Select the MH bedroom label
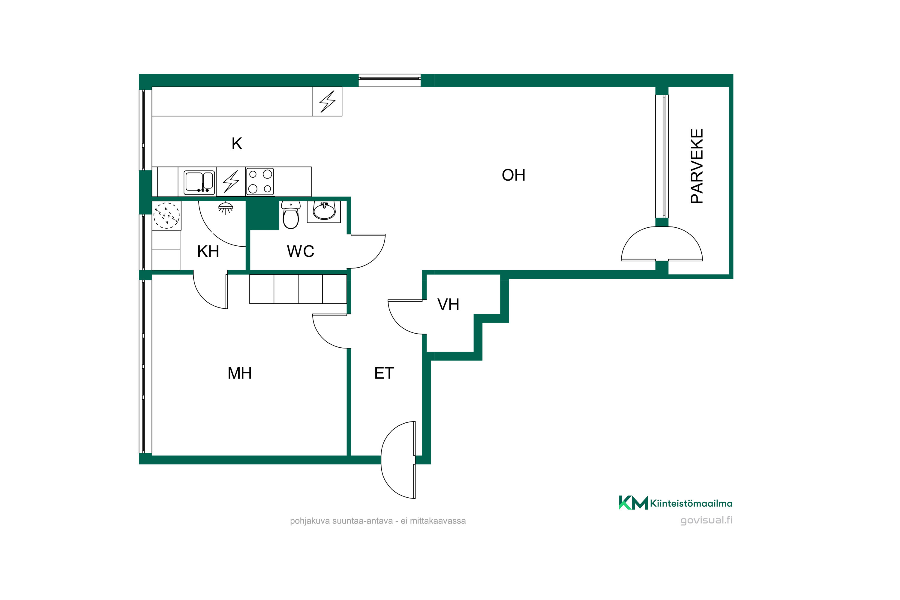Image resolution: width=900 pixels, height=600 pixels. [x=239, y=373]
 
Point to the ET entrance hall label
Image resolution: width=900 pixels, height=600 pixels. [x=384, y=373]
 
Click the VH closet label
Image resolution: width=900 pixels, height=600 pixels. [x=448, y=304]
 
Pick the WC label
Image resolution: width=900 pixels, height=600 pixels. [x=300, y=251]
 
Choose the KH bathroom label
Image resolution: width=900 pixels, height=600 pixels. [x=208, y=251]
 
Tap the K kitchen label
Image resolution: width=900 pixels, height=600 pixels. [x=237, y=143]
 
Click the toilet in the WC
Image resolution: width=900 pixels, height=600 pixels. [x=291, y=215]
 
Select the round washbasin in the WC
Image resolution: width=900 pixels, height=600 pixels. [x=324, y=211]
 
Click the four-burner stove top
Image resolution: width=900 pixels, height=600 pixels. [x=260, y=182]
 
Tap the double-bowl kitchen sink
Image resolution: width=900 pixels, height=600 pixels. [x=199, y=182]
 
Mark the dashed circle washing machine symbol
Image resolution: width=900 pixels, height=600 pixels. [x=166, y=215]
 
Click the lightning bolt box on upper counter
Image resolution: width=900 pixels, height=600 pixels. [x=328, y=101]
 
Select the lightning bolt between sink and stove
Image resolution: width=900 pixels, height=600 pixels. [x=231, y=181]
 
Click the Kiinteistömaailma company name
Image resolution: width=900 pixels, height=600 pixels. [x=691, y=504]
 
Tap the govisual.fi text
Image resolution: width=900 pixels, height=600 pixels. [x=706, y=520]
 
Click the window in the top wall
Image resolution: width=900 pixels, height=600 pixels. [x=389, y=80]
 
